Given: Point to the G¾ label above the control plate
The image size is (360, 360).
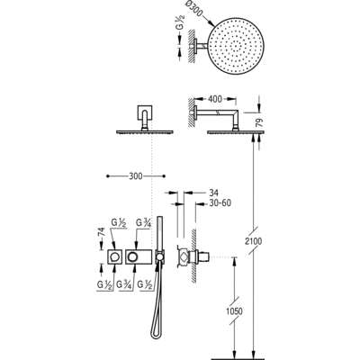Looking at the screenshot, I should tap(143, 222).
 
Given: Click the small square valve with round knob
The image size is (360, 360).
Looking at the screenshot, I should tap(114, 259).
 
